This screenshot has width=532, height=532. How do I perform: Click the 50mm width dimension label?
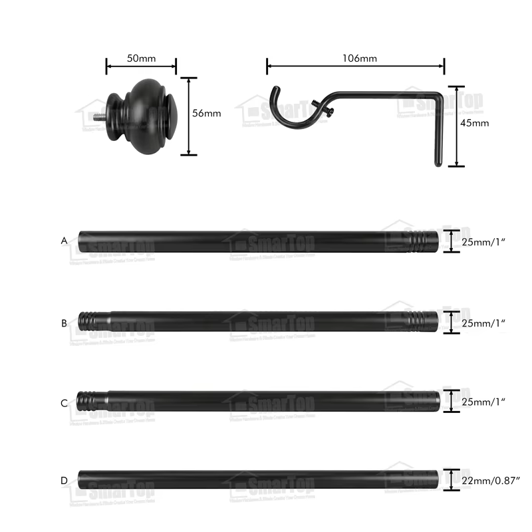click(141, 59)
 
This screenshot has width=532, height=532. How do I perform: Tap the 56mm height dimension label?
click(206, 114)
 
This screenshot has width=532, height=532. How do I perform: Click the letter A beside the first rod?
click(64, 241)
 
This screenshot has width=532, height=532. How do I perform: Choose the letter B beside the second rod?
click(64, 323)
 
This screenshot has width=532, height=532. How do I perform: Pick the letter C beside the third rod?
click(64, 403)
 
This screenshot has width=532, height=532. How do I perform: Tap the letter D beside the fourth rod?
click(64, 480)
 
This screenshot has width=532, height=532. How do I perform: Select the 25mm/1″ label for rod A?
click(483, 242)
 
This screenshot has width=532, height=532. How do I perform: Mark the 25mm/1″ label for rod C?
click(483, 401)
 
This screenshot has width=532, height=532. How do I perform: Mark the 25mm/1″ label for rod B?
click(483, 323)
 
